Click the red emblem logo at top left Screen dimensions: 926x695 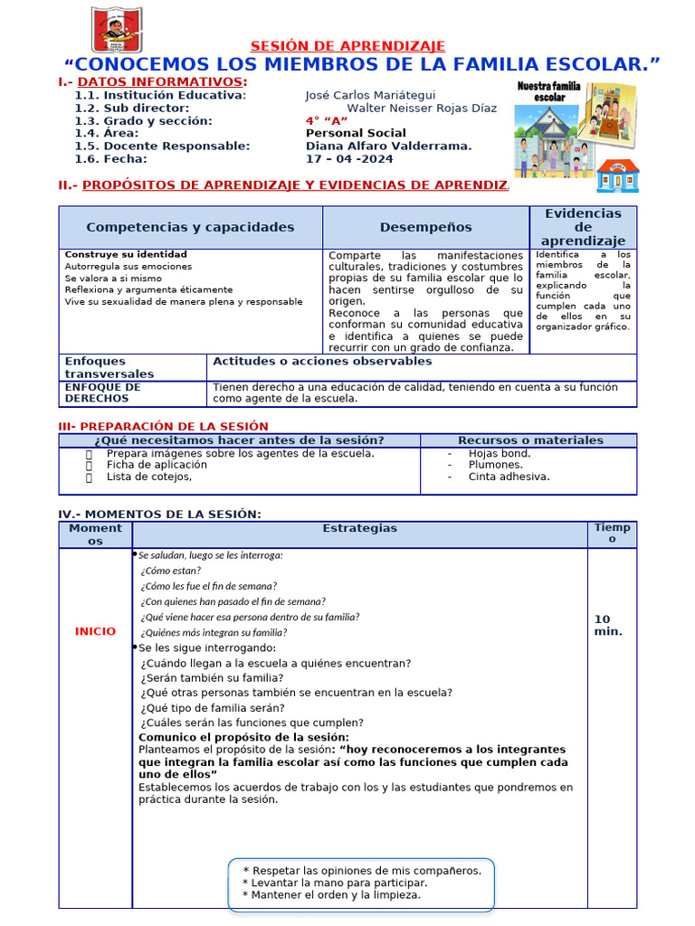tap(116, 29)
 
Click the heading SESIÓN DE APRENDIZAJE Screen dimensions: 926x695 tap(347, 46)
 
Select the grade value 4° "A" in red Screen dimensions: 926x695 tap(327, 120)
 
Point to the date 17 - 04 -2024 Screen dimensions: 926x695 tap(349, 158)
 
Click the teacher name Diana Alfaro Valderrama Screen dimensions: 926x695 tap(388, 146)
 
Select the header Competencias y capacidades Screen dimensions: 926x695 tap(190, 227)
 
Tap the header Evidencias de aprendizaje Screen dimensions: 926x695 tap(583, 227)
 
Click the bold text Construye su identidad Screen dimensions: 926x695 tap(126, 254)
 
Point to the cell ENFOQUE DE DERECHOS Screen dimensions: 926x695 tap(102, 392)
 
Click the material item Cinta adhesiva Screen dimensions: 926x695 tap(509, 477)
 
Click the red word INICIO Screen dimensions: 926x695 tap(95, 631)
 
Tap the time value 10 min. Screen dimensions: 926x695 tap(607, 625)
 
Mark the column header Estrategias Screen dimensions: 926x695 tap(359, 528)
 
